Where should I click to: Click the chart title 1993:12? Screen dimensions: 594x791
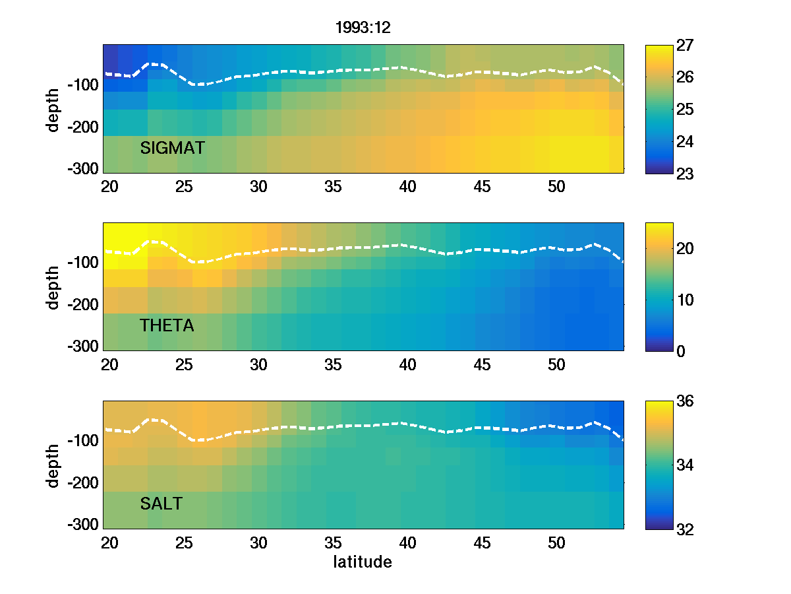(x=364, y=28)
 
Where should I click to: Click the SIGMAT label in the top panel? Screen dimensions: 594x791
(x=173, y=148)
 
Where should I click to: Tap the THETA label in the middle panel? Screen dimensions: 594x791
(x=167, y=326)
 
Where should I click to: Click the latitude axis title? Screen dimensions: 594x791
(x=363, y=563)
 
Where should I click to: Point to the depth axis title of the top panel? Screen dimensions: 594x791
(x=53, y=109)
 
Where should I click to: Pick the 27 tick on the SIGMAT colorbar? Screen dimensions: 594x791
(x=688, y=46)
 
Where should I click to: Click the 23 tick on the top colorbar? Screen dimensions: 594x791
(x=688, y=173)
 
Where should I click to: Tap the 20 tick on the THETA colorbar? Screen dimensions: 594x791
(x=688, y=249)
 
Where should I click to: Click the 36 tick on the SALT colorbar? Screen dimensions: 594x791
(x=688, y=402)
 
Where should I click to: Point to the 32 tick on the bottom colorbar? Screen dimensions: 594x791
(x=688, y=529)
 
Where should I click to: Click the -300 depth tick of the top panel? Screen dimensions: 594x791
(x=83, y=168)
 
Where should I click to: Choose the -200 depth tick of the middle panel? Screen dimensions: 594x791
(x=83, y=305)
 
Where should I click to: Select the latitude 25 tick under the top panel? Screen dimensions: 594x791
(x=184, y=187)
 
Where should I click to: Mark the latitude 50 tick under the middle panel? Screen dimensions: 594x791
(x=557, y=365)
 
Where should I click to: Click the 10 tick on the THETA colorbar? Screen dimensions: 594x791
(x=688, y=300)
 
